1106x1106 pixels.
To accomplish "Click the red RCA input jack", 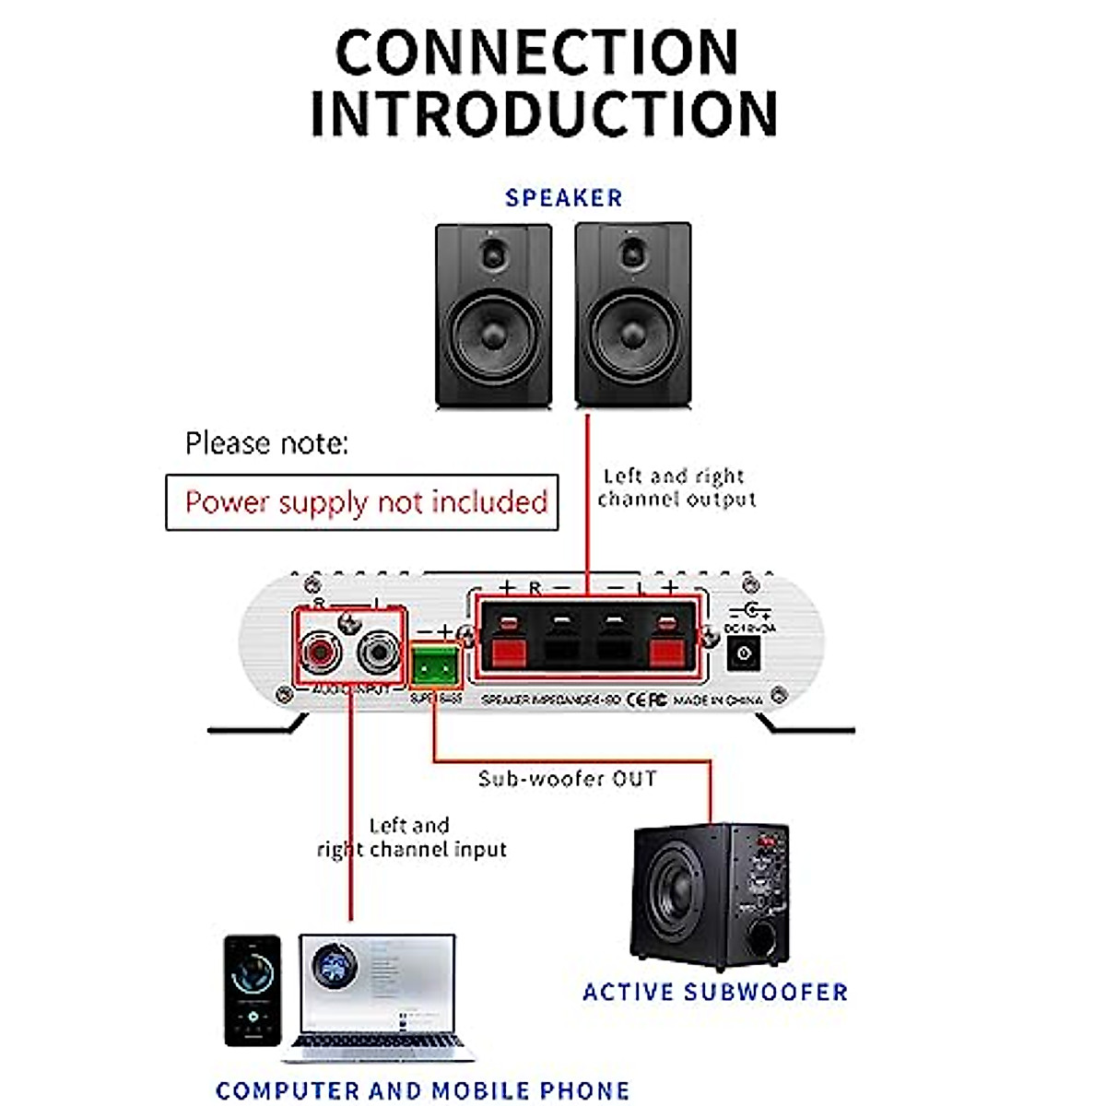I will tap(319, 653).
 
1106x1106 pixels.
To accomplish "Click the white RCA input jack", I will tap(377, 653).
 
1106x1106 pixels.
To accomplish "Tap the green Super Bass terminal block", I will tap(436, 664).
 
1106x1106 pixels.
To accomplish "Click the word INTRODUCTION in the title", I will tap(544, 114).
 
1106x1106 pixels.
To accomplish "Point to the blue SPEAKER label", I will tap(564, 197).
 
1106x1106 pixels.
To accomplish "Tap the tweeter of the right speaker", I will tap(633, 253).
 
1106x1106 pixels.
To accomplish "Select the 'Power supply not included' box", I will tap(362, 502).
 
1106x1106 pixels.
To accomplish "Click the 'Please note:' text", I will tap(267, 443).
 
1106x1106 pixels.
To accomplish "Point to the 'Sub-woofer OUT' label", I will tap(568, 779).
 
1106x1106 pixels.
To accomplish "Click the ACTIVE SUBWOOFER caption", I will tap(715, 992).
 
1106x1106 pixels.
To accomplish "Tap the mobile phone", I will tap(253, 990).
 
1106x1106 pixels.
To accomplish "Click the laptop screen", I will tap(377, 982).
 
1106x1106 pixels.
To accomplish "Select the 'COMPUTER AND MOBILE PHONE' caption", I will tap(423, 1090).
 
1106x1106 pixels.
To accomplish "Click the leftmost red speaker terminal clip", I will tap(507, 645).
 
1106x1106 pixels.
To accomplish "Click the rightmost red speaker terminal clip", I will tap(668, 645).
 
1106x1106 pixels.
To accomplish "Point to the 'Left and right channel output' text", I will tap(677, 488).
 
